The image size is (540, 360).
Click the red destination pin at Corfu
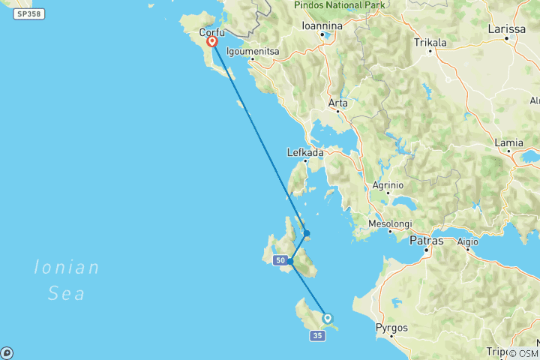pyautogui.click(x=212, y=42)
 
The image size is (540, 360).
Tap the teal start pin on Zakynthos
pyautogui.click(x=327, y=318)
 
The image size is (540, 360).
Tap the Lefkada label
pyautogui.click(x=304, y=152)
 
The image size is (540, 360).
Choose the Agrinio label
pyautogui.click(x=387, y=184)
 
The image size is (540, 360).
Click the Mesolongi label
pyautogui.click(x=391, y=223)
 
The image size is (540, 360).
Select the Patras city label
pyautogui.click(x=426, y=241)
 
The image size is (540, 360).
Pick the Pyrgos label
pyautogui.click(x=391, y=328)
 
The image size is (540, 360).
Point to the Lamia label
pyautogui.click(x=508, y=142)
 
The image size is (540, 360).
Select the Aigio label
pyautogui.click(x=467, y=241)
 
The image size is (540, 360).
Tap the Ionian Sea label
pyautogui.click(x=66, y=280)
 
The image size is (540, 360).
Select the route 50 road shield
pyautogui.click(x=280, y=260)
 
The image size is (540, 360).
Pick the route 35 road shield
pyautogui.click(x=316, y=336)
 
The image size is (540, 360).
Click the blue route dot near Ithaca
pyautogui.click(x=307, y=233)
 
